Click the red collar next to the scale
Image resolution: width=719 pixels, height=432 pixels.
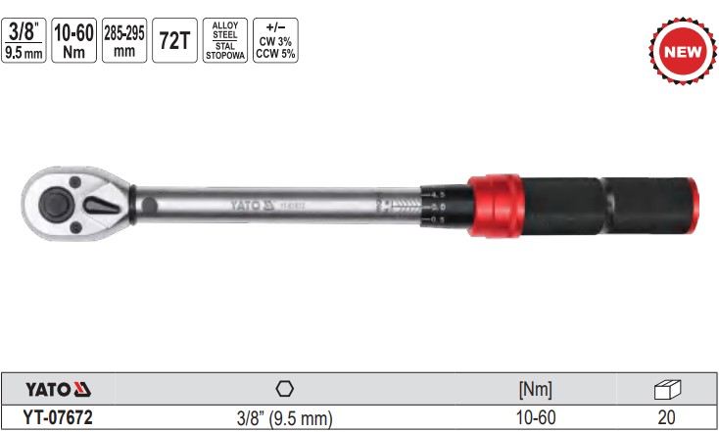494,207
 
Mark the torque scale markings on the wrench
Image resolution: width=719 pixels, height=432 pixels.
437,207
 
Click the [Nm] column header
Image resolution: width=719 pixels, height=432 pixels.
535,389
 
